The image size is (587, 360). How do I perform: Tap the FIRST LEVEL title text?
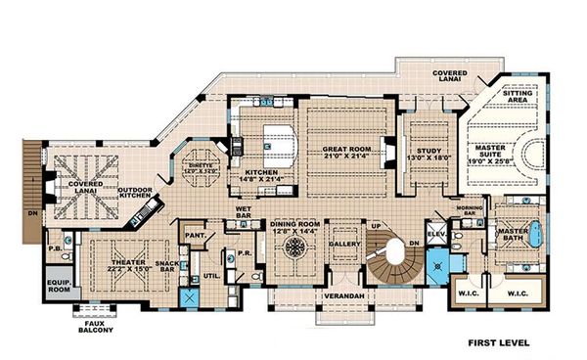pos(498,343)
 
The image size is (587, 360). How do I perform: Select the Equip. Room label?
pos(60,289)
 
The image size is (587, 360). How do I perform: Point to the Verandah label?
pos(339,294)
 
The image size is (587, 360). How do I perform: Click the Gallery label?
pos(343,243)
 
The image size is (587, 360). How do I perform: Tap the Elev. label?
pos(436,236)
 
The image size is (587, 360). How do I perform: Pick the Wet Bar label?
pos(245,211)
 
